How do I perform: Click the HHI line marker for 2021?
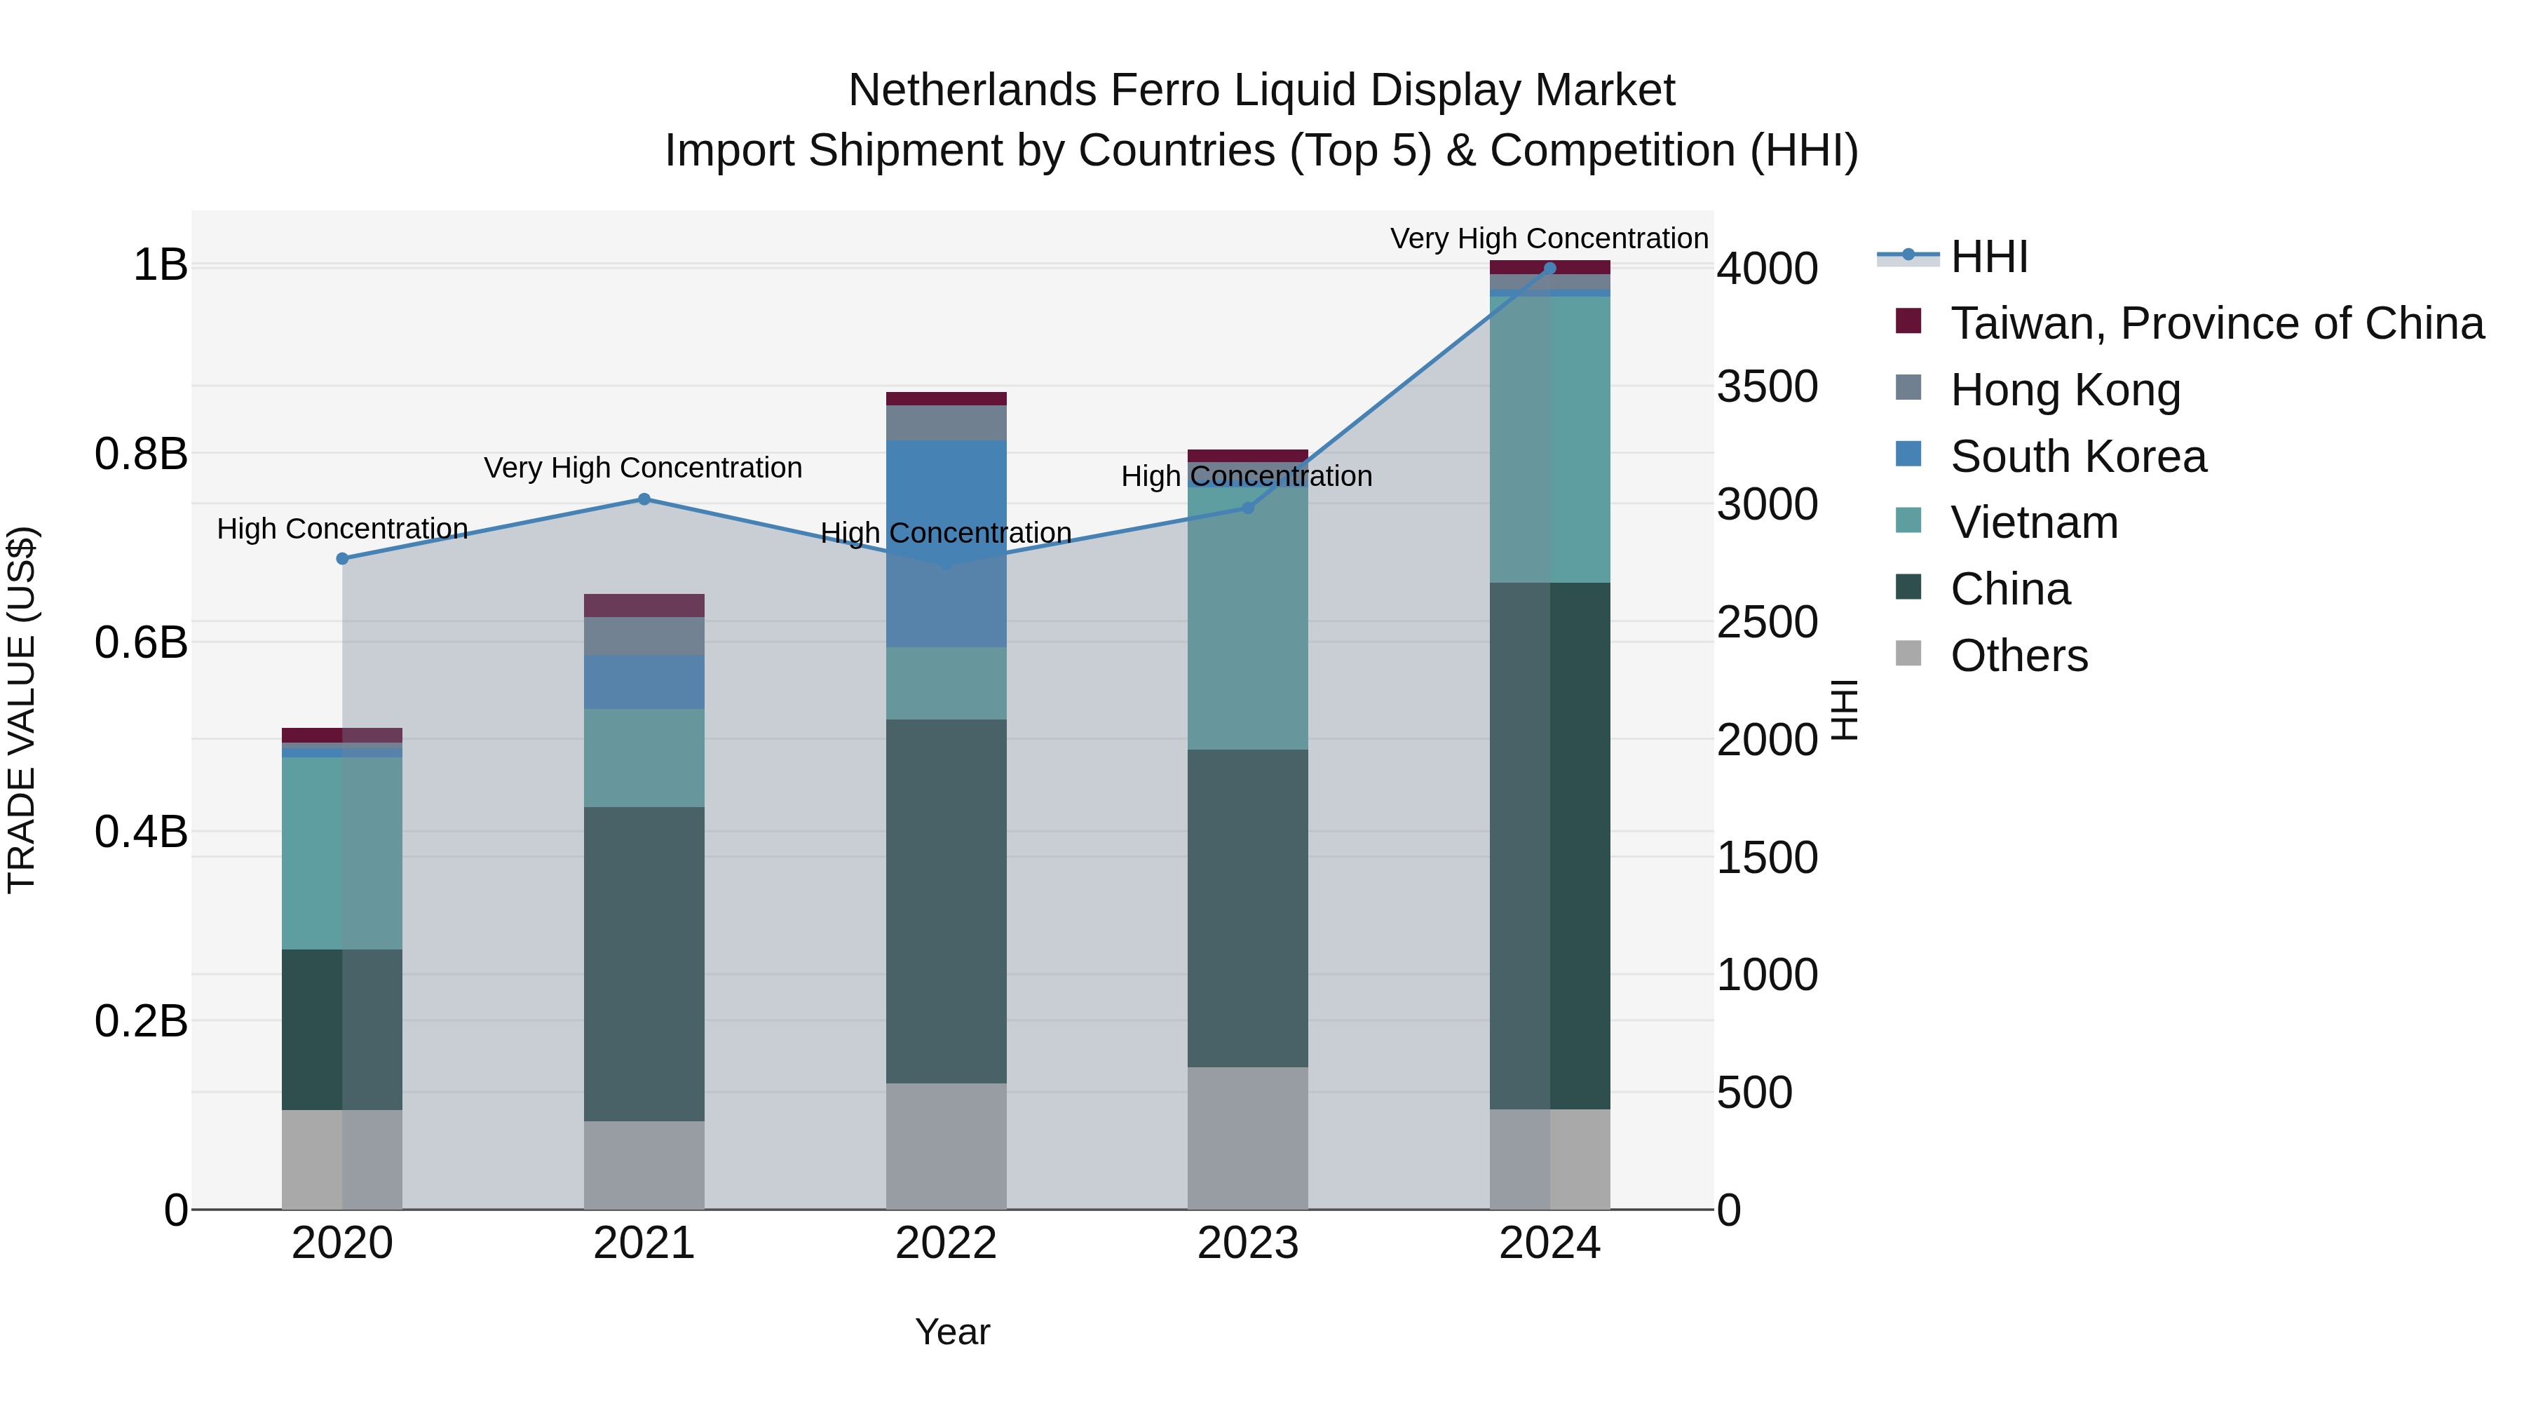tap(644, 499)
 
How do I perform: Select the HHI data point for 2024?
tap(1549, 268)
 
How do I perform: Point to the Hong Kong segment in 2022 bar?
tap(946, 422)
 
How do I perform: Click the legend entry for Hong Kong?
tap(2065, 390)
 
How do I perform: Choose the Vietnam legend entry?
tap(2033, 522)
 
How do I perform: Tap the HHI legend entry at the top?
tap(1988, 257)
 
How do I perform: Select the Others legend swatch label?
tap(2018, 656)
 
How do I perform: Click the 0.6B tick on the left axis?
tap(141, 643)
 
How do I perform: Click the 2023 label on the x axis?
tap(1247, 1243)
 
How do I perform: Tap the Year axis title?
tap(951, 1332)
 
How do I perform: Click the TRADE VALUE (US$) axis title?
tap(22, 710)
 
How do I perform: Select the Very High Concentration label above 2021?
tap(643, 468)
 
